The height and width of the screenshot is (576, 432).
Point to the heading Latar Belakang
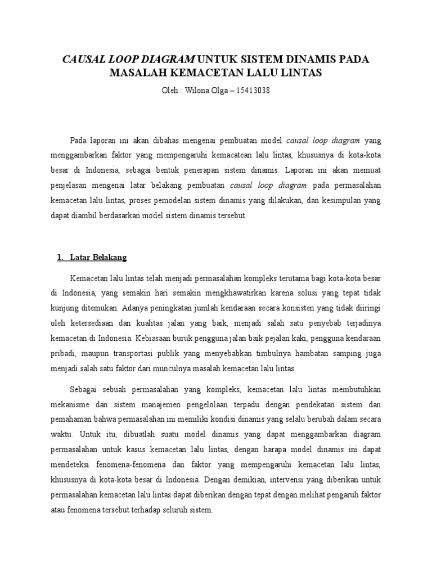(x=98, y=258)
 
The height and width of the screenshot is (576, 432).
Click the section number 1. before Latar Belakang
(x=60, y=258)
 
